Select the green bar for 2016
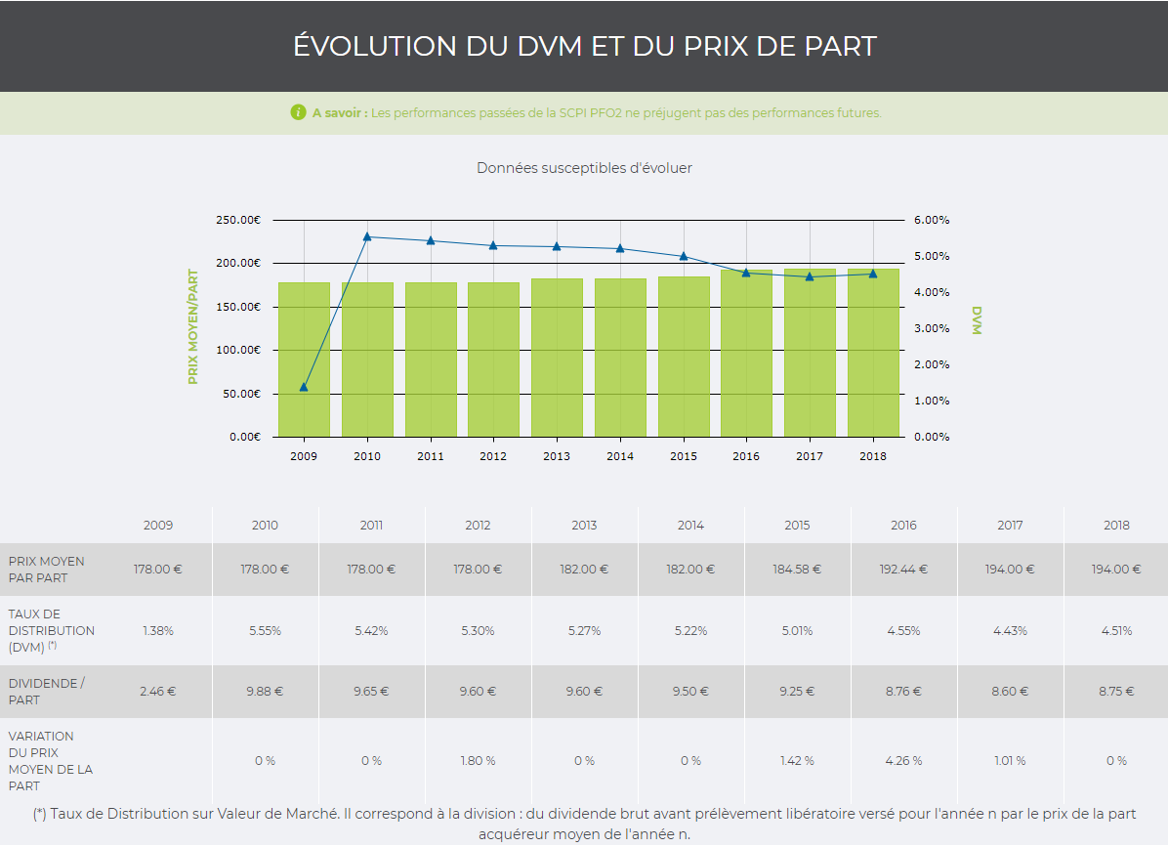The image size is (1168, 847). (x=746, y=357)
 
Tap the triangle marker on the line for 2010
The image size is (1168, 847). (x=367, y=236)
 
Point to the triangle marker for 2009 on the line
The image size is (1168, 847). (x=304, y=387)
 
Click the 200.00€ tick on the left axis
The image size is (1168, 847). (x=238, y=264)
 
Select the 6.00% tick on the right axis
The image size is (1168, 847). (x=932, y=221)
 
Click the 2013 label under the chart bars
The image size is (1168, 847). (x=557, y=456)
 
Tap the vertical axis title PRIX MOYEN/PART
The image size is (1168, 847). (x=193, y=326)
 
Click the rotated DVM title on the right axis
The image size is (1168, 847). (x=976, y=320)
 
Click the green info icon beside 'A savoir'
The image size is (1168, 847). (x=299, y=112)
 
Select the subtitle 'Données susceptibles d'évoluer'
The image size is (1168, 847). (x=584, y=168)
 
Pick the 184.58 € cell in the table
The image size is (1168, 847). (x=797, y=570)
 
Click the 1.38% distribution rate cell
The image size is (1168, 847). (x=158, y=631)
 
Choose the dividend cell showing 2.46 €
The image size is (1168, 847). (x=158, y=692)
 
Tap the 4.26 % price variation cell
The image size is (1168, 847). (x=903, y=761)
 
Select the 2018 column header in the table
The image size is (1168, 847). (x=1116, y=526)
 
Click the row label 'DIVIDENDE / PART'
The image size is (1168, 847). (x=46, y=692)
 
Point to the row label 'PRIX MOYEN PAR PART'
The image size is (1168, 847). (x=46, y=570)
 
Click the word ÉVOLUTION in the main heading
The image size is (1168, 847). (x=360, y=46)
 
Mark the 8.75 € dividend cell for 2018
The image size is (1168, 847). (x=1116, y=692)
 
